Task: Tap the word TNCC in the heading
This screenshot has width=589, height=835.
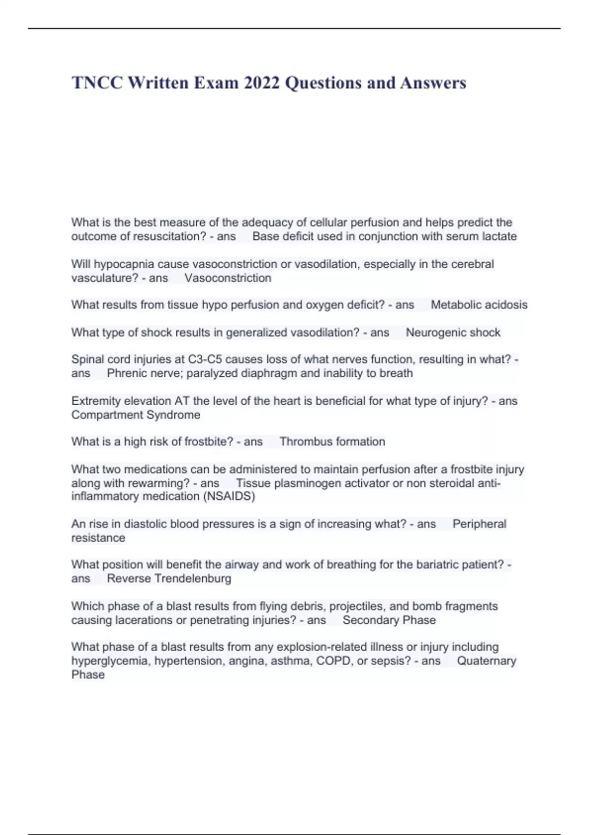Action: [x=97, y=83]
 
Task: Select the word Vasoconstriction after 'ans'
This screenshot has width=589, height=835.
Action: [x=228, y=278]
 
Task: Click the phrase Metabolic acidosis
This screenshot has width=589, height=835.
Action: [x=479, y=305]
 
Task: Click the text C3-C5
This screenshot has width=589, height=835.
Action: [x=205, y=360]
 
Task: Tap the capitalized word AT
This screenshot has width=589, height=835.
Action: [x=182, y=401]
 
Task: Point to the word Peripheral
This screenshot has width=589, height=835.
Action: [x=479, y=524]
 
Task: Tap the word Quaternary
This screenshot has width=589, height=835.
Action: [x=486, y=661]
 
